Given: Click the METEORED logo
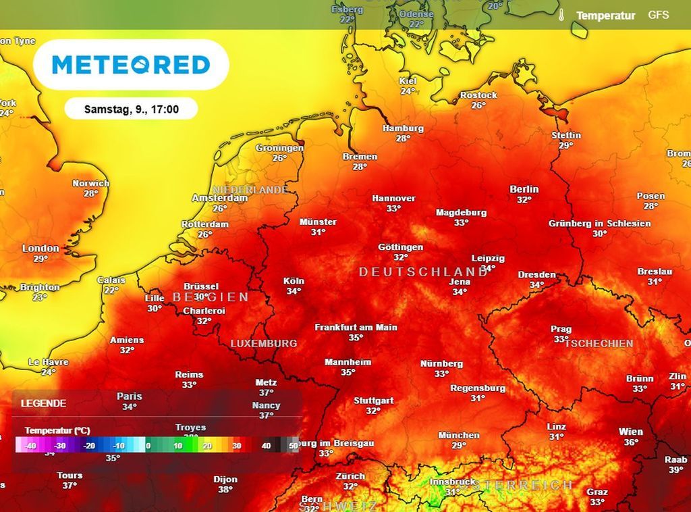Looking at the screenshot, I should coord(131,65).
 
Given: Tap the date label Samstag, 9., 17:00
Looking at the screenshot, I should coord(131,109).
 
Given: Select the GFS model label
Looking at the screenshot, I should coord(658,14).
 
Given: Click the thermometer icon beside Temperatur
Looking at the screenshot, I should coord(561,15).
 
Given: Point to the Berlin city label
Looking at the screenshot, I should coord(524,189).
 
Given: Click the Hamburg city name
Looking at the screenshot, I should coord(403,128).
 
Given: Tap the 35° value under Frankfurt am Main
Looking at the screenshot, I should coord(356,337).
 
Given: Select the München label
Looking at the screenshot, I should coord(459,435).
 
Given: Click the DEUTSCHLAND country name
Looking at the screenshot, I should coord(423,272).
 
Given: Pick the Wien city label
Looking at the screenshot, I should coord(631,432).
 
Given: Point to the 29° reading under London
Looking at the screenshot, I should coord(40,259).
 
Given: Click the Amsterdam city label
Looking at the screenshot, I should coord(219,199).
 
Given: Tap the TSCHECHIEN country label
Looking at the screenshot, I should coord(599,343).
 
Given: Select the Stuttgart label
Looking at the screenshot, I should coord(374,401).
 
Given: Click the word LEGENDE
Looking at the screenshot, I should coord(44,403).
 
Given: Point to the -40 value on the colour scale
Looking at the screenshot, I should coord(30,446).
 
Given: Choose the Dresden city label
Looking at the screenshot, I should coord(536,275).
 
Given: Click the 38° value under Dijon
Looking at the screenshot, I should coord(225,490).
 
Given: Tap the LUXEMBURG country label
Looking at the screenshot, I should coord(264,343).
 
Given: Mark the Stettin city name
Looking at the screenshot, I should coord(565,135).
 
